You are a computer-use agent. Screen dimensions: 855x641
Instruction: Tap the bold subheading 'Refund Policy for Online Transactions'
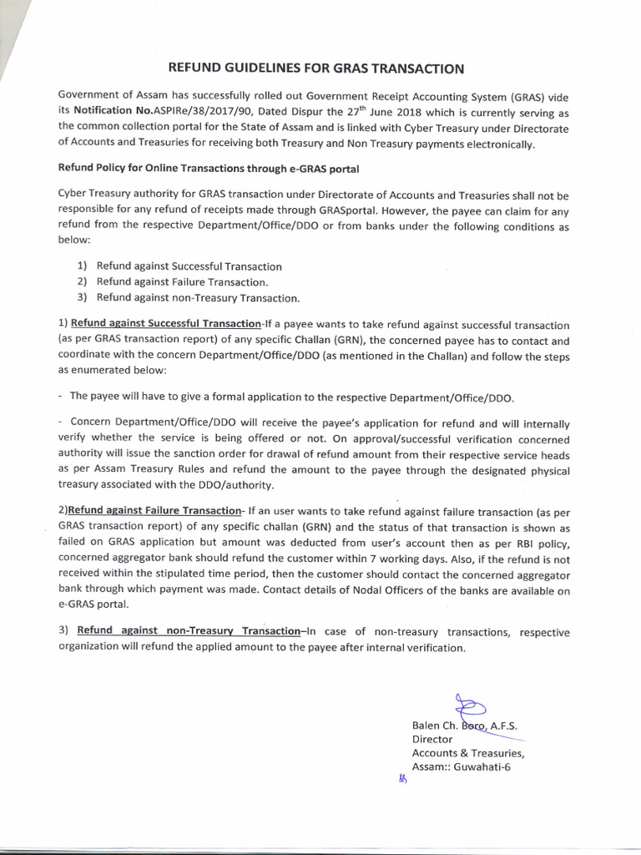tap(208, 169)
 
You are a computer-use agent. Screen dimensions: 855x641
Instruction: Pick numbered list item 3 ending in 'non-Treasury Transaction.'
tap(198, 297)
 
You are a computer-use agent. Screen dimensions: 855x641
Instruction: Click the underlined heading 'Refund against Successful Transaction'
tap(166, 324)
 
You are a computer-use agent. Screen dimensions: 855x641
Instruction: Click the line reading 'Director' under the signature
tap(432, 739)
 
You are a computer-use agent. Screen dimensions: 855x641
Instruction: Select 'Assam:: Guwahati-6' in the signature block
tap(461, 767)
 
